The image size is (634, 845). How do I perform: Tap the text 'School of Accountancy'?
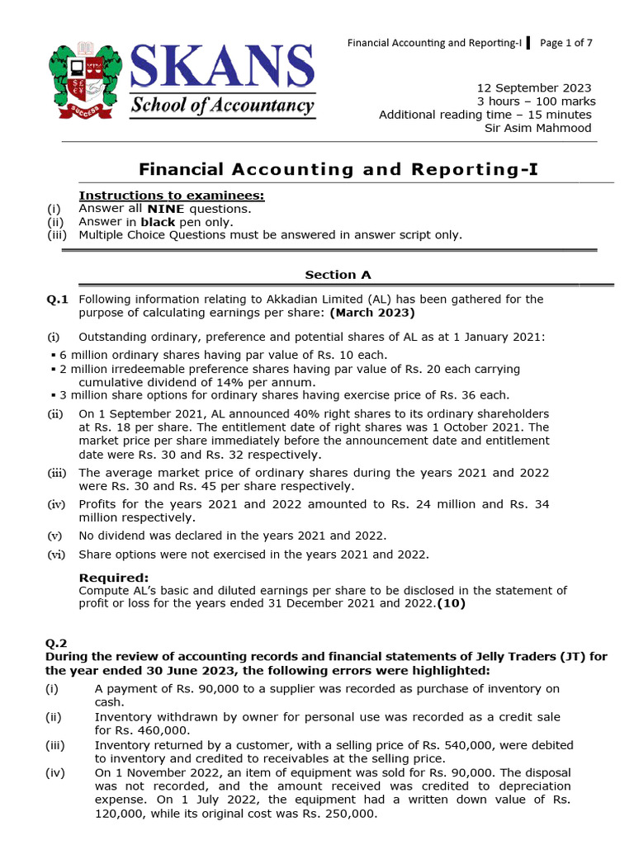[222, 106]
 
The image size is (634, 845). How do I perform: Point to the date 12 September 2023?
[535, 88]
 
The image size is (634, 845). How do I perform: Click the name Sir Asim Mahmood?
[537, 128]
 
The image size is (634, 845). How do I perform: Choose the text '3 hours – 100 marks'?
[537, 101]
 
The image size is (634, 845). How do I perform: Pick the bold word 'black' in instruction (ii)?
[158, 222]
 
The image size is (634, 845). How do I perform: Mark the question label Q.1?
[57, 300]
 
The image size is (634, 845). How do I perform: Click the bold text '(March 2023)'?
[372, 313]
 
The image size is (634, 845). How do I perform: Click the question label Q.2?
[57, 642]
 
